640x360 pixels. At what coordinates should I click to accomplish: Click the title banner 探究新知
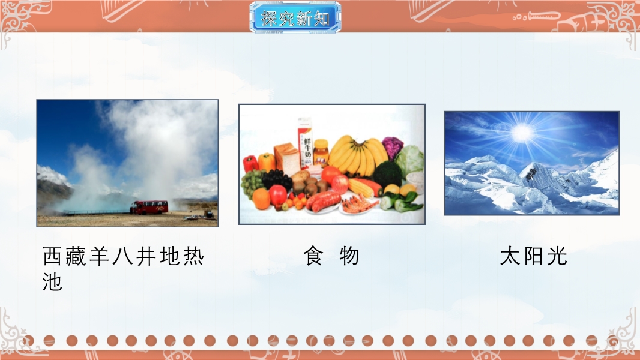pos(295,17)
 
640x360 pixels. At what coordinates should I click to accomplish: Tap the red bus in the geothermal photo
pos(149,207)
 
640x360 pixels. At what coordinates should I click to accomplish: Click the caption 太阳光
pos(534,256)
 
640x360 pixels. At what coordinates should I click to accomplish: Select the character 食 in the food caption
pos(313,256)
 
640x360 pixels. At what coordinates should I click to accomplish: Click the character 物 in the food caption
pos(349,256)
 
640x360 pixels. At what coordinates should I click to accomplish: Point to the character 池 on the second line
pos(52,281)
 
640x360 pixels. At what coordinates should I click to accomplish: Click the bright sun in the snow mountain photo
pos(522,133)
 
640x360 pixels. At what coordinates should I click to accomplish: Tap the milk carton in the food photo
pos(305,143)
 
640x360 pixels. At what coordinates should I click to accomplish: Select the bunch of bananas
pos(358,155)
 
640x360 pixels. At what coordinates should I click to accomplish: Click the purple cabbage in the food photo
pos(392,147)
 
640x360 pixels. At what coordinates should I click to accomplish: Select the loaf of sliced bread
pos(287,158)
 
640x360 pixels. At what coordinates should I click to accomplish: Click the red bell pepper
pos(250,163)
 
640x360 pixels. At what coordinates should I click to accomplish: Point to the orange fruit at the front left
pos(261,199)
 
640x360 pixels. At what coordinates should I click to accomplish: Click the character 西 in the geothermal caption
pos(53,256)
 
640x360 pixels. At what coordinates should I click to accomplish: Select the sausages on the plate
pos(323,201)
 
